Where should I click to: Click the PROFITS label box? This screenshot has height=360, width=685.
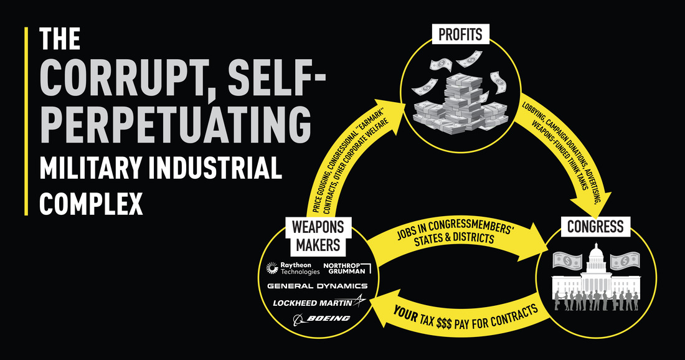coord(460,34)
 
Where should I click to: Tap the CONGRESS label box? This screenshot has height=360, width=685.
coord(595,227)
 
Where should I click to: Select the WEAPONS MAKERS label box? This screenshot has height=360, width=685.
coord(318,236)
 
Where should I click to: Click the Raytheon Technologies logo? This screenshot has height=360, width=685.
coord(293,268)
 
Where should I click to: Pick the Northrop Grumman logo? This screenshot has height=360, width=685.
coord(347,268)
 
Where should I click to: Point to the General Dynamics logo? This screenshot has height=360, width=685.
coord(317,286)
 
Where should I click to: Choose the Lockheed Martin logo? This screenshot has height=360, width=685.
coord(319,301)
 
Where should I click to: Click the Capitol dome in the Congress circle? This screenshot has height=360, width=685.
coord(595,258)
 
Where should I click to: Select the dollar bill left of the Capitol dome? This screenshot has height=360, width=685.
coord(567,261)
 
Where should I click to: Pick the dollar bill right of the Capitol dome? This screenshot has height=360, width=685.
coord(625,261)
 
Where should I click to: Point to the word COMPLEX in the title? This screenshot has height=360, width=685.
coord(92,204)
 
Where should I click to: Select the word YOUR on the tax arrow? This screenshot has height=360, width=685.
coord(405,314)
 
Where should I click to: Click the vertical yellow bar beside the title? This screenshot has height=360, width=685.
coord(26,121)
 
